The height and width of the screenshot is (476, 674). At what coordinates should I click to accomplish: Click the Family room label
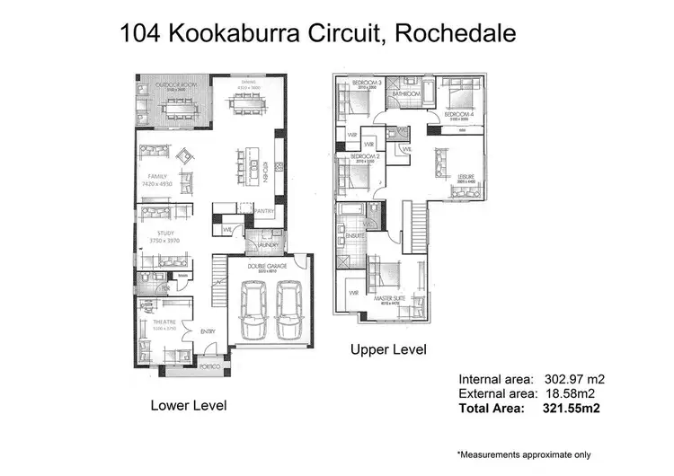click(158, 176)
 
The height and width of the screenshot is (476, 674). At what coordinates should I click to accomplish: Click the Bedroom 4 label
click(458, 115)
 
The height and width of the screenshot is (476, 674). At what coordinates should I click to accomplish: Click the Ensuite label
click(353, 236)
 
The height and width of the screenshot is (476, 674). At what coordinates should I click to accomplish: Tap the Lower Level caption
click(188, 406)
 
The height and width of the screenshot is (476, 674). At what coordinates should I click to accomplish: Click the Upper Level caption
click(389, 348)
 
